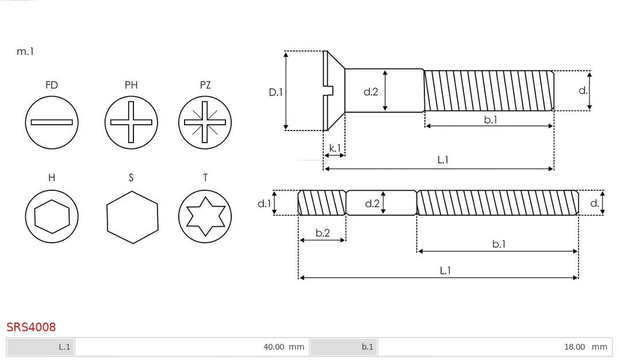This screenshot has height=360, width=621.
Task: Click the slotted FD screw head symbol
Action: [x=52, y=122]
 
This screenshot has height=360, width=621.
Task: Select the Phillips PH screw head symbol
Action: [x=131, y=122]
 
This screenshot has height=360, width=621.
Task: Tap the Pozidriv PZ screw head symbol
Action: [x=205, y=122]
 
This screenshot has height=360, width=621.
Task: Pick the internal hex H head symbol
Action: [x=52, y=217]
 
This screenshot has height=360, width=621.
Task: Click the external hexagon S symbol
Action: [x=132, y=217]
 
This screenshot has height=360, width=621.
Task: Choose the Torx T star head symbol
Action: [x=205, y=217]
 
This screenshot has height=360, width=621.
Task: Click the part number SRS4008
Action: [x=31, y=327]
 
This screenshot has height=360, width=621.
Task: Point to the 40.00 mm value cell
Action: [x=192, y=347]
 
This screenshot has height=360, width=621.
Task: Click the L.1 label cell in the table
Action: [x=41, y=347]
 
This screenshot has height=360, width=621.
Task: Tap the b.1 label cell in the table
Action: [x=344, y=347]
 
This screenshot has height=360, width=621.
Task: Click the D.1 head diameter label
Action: [x=276, y=91]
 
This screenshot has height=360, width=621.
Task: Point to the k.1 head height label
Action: [x=335, y=148]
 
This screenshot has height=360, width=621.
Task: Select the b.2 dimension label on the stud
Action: [x=323, y=233]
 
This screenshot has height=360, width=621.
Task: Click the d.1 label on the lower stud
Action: [x=263, y=203]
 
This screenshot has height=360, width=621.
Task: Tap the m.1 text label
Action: [x=25, y=51]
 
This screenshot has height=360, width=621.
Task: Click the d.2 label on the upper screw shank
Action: [x=371, y=91]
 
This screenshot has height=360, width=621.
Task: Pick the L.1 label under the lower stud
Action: [x=445, y=270]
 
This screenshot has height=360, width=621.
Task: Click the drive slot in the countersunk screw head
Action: [x=329, y=90]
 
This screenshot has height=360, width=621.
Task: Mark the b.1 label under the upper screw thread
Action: [x=490, y=120]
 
